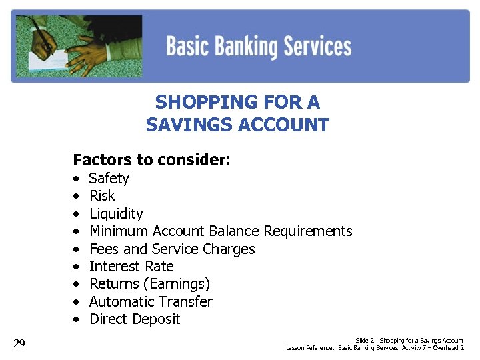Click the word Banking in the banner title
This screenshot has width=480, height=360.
click(x=248, y=47)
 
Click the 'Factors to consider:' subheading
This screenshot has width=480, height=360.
click(x=151, y=160)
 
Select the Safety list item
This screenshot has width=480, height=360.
click(x=109, y=179)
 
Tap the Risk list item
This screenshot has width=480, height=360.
click(x=102, y=196)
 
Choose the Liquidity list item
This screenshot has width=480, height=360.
click(x=116, y=214)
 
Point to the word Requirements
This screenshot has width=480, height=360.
click(x=308, y=231)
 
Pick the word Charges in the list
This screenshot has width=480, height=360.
click(x=229, y=249)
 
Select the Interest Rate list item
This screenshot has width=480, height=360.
click(x=131, y=267)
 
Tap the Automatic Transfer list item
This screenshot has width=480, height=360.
click(x=151, y=302)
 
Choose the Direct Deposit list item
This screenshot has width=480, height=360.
click(x=135, y=319)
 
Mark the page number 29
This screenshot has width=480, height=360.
click(x=19, y=343)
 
